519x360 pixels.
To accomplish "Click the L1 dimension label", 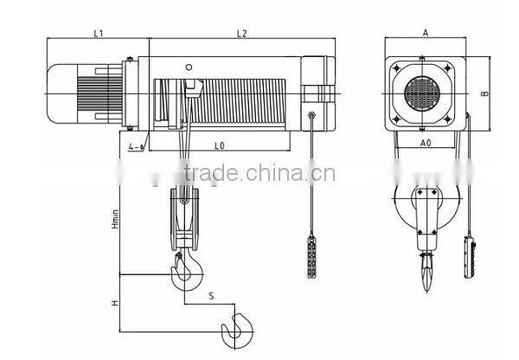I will click(x=98, y=34).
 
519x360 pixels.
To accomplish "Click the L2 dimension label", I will click(x=241, y=34).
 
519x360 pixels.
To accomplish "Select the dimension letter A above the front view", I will click(x=425, y=32).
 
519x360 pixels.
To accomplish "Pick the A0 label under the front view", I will click(x=426, y=140).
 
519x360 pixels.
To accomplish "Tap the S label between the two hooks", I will click(x=210, y=296).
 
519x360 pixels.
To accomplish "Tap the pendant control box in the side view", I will click(x=311, y=259).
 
